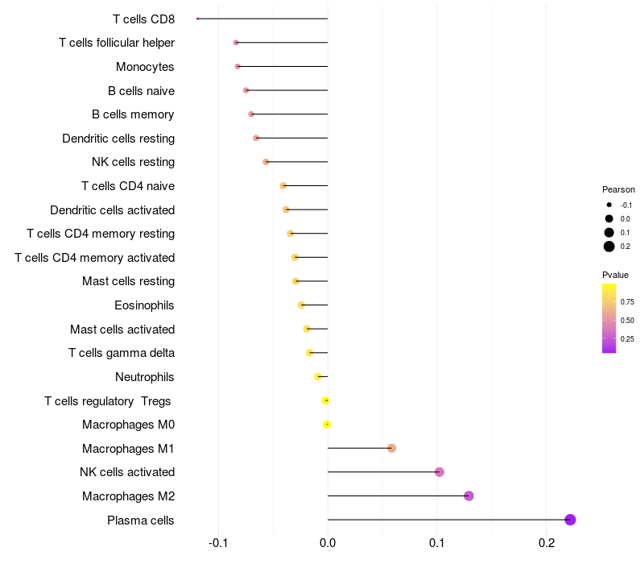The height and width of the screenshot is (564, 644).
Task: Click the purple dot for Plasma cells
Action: coord(570,520)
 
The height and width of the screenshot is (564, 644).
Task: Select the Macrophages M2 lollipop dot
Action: coord(469,496)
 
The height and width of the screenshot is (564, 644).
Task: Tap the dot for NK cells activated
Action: coord(440,472)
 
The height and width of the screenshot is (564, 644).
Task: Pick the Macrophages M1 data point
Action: coord(391,448)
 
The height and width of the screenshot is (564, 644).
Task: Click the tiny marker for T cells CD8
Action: coord(197,19)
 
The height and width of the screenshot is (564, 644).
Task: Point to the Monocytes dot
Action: coord(237,66)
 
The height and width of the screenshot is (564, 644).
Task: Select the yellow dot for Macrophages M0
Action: coord(327,425)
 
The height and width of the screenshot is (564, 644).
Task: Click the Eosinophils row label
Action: coord(145,305)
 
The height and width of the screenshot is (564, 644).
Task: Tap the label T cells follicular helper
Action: coord(117,42)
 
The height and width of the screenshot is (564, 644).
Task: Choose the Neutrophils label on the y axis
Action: coord(145,377)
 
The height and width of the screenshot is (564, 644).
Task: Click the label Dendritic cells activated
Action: coord(113,210)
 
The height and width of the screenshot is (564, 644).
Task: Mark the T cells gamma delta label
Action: coord(122,353)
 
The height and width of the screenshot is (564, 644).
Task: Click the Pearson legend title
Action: coord(618,190)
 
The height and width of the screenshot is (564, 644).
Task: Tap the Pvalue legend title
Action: coord(616,275)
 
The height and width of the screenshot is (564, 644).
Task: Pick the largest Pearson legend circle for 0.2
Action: coord(609,247)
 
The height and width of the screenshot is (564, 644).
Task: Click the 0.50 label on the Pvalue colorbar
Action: coord(627,321)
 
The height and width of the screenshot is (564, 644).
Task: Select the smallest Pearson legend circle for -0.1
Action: coord(609,205)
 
